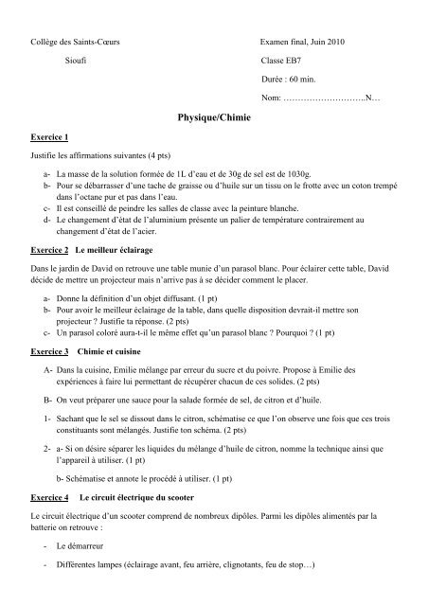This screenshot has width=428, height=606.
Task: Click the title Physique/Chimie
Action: [213, 121]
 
